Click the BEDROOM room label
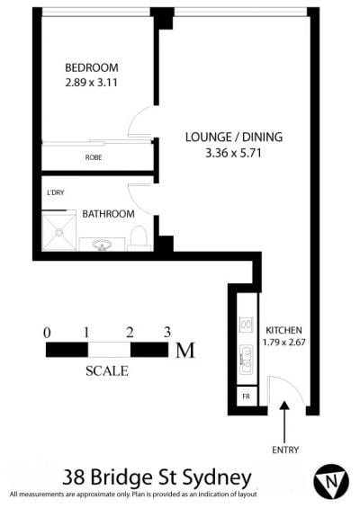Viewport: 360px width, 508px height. coord(92,67)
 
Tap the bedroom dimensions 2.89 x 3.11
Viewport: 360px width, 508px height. coord(92,83)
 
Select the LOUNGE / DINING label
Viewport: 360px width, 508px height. coord(234,137)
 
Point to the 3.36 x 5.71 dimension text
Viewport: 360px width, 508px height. coord(233,153)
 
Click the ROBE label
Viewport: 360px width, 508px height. coord(94,157)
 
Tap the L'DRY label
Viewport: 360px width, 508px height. coord(56,192)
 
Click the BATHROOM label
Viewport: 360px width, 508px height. coord(108,214)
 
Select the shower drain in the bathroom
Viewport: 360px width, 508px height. coord(58,232)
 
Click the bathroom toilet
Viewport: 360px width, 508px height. coord(139,238)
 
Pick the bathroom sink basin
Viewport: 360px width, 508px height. coord(103,245)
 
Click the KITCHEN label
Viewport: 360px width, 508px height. coord(283,330)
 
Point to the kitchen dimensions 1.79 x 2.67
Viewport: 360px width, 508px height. coord(284,343)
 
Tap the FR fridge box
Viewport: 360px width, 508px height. coord(247,396)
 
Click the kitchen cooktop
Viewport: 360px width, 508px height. coord(246,325)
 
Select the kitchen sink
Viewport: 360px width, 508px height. coord(246,360)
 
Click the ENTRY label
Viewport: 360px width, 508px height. coord(285,450)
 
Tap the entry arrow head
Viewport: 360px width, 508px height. coord(284,406)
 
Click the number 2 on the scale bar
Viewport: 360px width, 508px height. coord(130,333)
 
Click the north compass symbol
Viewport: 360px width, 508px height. coord(331,481)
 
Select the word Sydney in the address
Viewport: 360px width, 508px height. coord(217,478)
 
